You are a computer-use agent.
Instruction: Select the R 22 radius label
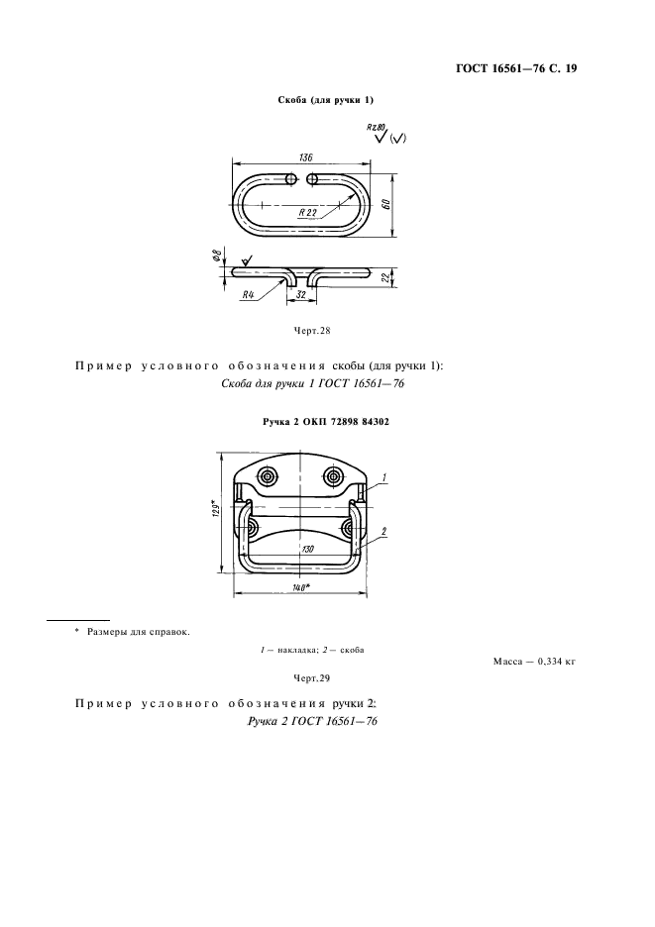pyautogui.click(x=307, y=211)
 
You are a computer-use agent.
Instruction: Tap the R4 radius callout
pyautogui.click(x=250, y=293)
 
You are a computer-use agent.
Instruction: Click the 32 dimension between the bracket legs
pyautogui.click(x=297, y=293)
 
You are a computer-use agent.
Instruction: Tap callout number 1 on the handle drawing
pyautogui.click(x=382, y=477)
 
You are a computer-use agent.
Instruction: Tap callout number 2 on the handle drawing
pyautogui.click(x=382, y=531)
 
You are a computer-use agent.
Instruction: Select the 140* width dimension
pyautogui.click(x=300, y=587)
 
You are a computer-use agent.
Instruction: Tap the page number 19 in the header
pyautogui.click(x=569, y=69)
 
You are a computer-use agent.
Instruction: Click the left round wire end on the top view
pyautogui.click(x=290, y=179)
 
